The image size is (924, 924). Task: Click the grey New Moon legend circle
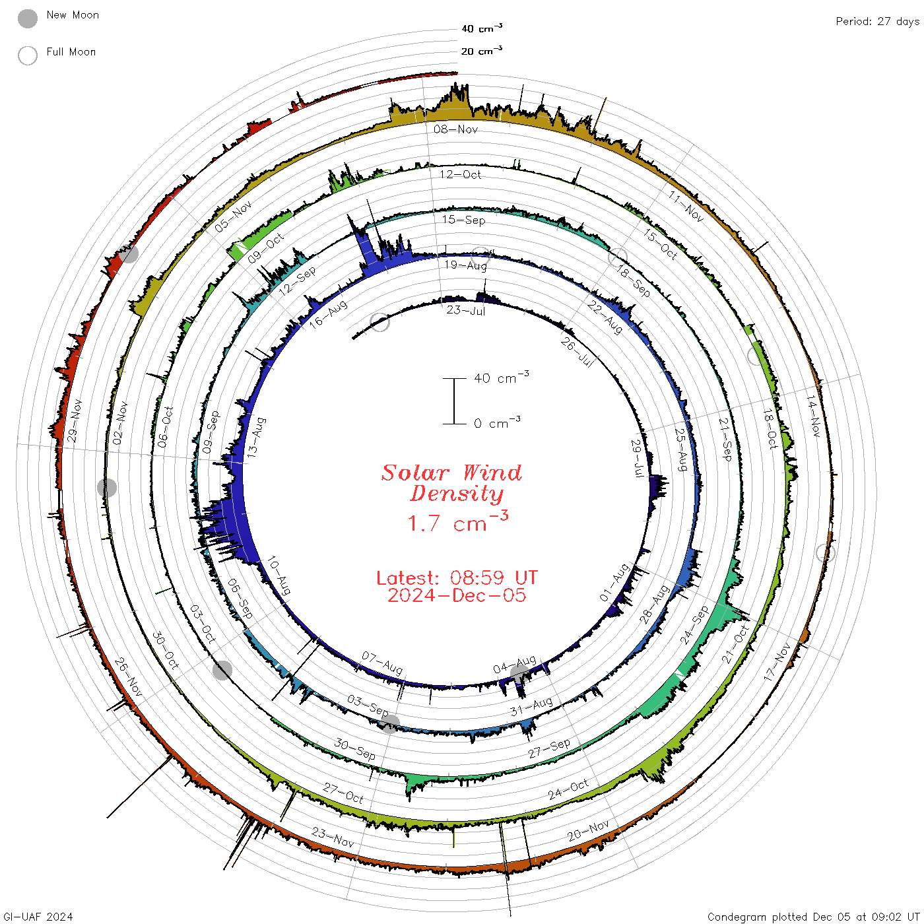pyautogui.click(x=27, y=18)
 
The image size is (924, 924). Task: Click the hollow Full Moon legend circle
pyautogui.click(x=27, y=55)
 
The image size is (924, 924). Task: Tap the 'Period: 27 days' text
pyautogui.click(x=878, y=22)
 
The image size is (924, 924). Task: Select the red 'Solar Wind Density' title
pyautogui.click(x=451, y=483)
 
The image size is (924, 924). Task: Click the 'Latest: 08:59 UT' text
pyautogui.click(x=457, y=577)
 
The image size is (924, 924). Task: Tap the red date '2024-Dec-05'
pyautogui.click(x=457, y=595)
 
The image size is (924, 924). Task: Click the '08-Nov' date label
pyautogui.click(x=455, y=129)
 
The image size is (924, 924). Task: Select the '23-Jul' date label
pyautogui.click(x=465, y=311)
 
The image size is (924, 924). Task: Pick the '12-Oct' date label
pyautogui.click(x=460, y=174)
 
